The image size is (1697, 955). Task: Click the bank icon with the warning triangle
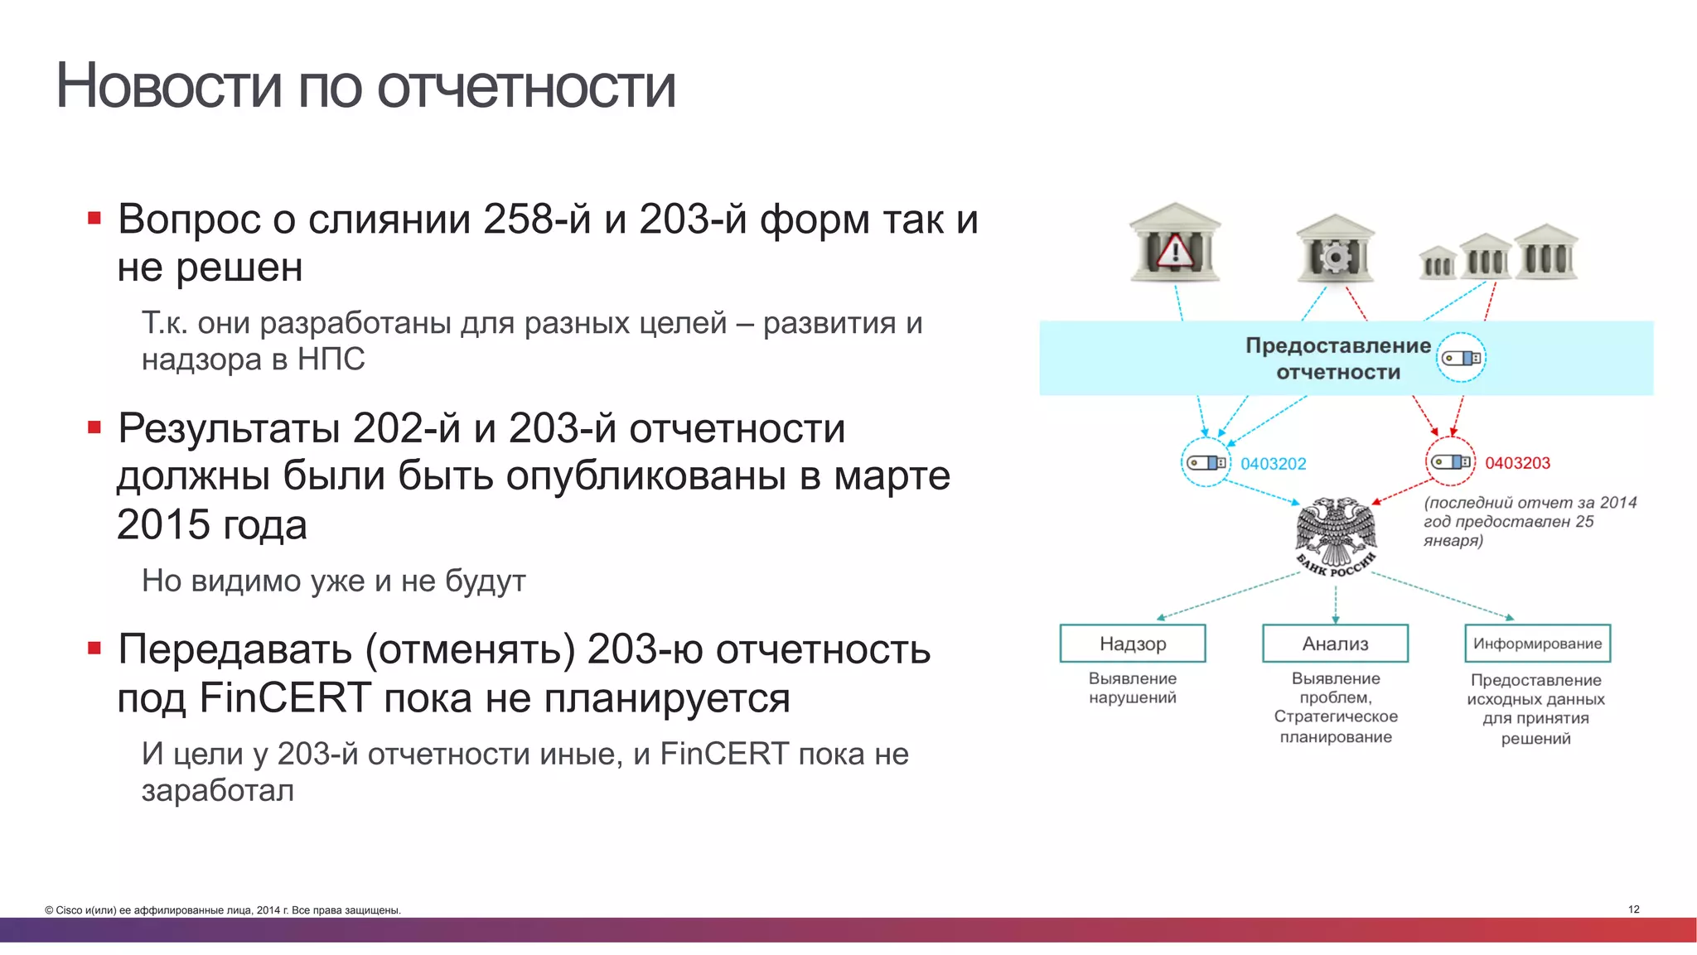(x=1174, y=244)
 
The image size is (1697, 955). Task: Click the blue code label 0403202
(x=1273, y=464)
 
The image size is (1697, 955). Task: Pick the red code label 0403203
(x=1516, y=463)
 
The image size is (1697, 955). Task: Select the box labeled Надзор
(x=1132, y=644)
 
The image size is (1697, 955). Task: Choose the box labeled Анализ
(x=1335, y=644)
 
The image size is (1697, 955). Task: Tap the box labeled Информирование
(x=1537, y=644)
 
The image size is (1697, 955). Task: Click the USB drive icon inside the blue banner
(x=1460, y=358)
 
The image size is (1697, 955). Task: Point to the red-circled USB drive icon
(x=1450, y=462)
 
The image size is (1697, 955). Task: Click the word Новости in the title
(x=168, y=85)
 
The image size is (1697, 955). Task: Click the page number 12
(x=1633, y=909)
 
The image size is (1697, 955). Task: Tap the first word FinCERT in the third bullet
(x=285, y=697)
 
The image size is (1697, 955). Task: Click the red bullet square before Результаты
(x=94, y=427)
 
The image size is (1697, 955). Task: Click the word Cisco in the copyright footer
(x=70, y=910)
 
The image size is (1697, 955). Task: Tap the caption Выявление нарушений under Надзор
(x=1132, y=687)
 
